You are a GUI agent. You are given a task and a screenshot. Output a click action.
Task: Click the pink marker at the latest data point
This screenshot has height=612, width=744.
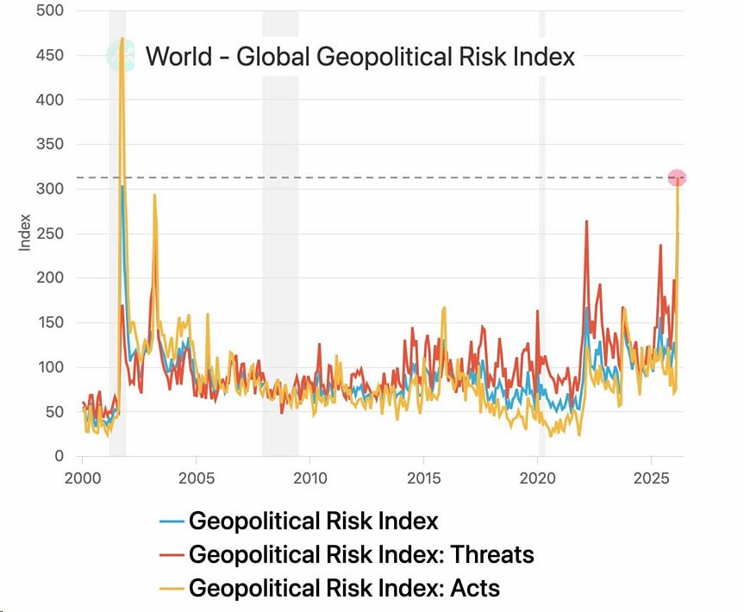click(x=677, y=178)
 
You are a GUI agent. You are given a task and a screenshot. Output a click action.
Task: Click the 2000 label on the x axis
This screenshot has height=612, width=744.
click(x=83, y=477)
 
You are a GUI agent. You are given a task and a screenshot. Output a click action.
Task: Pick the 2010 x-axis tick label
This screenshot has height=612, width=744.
click(x=309, y=477)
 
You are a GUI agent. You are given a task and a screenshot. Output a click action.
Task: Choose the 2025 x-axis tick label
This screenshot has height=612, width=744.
click(x=651, y=477)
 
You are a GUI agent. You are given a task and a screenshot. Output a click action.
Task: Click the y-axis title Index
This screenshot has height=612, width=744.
click(x=25, y=233)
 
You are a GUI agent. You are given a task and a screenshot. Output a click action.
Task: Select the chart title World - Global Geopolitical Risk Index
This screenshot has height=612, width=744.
click(x=359, y=57)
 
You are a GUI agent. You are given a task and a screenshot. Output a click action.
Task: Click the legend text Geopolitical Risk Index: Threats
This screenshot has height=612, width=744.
click(x=361, y=554)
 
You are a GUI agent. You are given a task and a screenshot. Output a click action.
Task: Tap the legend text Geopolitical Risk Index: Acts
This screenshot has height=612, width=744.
click(x=344, y=589)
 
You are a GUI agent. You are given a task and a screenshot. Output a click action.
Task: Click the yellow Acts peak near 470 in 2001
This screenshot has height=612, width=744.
click(x=122, y=39)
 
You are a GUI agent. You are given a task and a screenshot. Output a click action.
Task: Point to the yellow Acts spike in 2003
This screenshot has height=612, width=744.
click(x=154, y=196)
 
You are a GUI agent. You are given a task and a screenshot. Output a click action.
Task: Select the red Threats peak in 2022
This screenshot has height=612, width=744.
click(x=586, y=222)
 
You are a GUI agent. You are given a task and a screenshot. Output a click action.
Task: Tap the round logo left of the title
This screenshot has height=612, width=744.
click(x=121, y=57)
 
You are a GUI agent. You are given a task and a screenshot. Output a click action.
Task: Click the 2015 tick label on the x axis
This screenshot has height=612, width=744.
click(x=423, y=477)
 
